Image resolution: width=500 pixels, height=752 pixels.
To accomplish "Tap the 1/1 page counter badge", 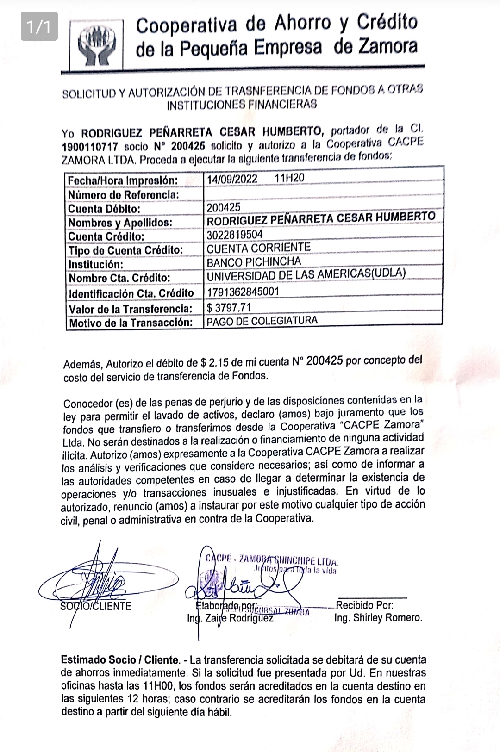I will [39, 27].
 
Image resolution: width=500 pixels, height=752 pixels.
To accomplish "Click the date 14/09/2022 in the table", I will [232, 179].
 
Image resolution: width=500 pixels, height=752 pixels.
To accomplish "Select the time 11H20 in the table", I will [289, 178].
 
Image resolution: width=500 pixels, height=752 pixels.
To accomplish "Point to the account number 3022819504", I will [235, 235].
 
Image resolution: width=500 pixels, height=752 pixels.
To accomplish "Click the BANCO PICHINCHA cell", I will [254, 262].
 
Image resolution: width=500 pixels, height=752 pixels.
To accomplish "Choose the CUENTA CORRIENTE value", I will [258, 248].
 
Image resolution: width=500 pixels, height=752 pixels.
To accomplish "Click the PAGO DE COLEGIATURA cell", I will [262, 321].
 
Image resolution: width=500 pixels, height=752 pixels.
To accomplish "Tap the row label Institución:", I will [96, 265].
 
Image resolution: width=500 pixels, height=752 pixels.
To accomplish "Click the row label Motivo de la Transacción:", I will [131, 323].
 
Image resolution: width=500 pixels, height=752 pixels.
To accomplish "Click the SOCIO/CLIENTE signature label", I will [96, 606].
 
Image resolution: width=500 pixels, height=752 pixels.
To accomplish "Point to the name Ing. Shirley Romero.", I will [378, 618].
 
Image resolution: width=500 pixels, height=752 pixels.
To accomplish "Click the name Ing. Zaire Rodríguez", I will [230, 618].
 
